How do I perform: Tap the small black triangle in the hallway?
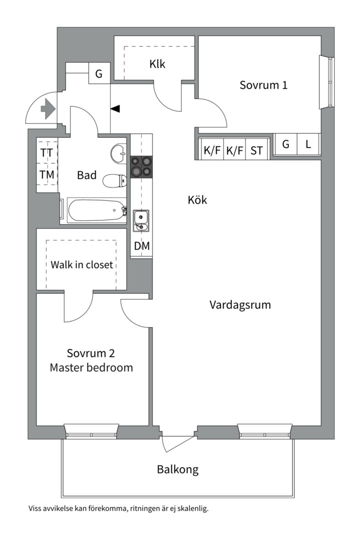point(115,108)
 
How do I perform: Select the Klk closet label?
point(157,64)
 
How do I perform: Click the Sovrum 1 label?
point(263,84)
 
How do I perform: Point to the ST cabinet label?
point(256,150)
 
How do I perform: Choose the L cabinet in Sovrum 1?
point(308,145)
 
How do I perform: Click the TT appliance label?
point(47,153)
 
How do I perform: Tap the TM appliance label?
point(47,175)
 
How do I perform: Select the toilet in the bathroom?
point(114,180)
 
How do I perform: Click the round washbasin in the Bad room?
point(119,153)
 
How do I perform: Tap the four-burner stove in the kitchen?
point(141,166)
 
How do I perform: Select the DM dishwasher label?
point(141,246)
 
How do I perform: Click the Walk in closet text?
point(81,264)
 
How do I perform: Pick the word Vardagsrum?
point(240,304)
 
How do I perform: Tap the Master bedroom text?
point(91,367)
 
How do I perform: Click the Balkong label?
point(177,469)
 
